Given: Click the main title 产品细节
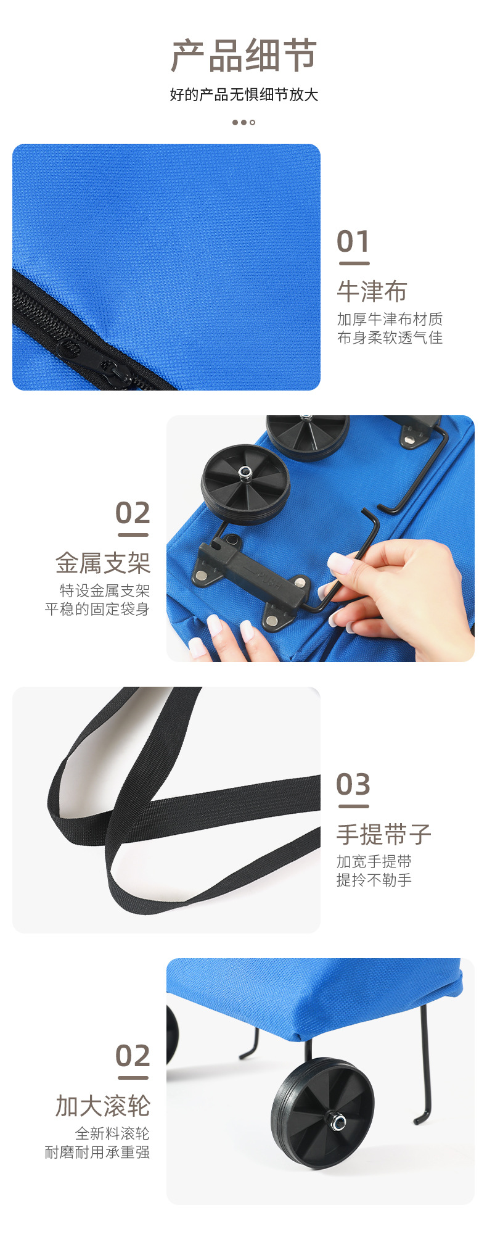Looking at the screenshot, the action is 243,56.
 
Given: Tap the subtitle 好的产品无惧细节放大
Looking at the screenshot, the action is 243,94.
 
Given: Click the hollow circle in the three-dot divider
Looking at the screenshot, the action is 252,122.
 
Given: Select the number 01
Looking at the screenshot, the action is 353,241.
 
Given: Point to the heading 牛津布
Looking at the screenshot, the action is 372,291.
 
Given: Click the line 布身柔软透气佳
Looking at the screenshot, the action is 390,337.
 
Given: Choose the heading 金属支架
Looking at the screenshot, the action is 103,563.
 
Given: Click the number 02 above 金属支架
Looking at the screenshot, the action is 133,513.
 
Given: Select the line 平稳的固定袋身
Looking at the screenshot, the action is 97,609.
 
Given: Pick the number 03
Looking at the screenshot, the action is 353,784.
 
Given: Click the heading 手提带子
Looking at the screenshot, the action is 383,834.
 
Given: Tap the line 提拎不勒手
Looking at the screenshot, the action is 374,880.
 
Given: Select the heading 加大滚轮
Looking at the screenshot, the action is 103,1106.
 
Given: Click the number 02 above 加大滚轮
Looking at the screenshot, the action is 133,1056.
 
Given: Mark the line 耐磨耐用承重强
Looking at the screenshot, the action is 97,1152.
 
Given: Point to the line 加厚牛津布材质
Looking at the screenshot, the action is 390,319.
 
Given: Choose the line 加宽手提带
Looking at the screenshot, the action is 374,862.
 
